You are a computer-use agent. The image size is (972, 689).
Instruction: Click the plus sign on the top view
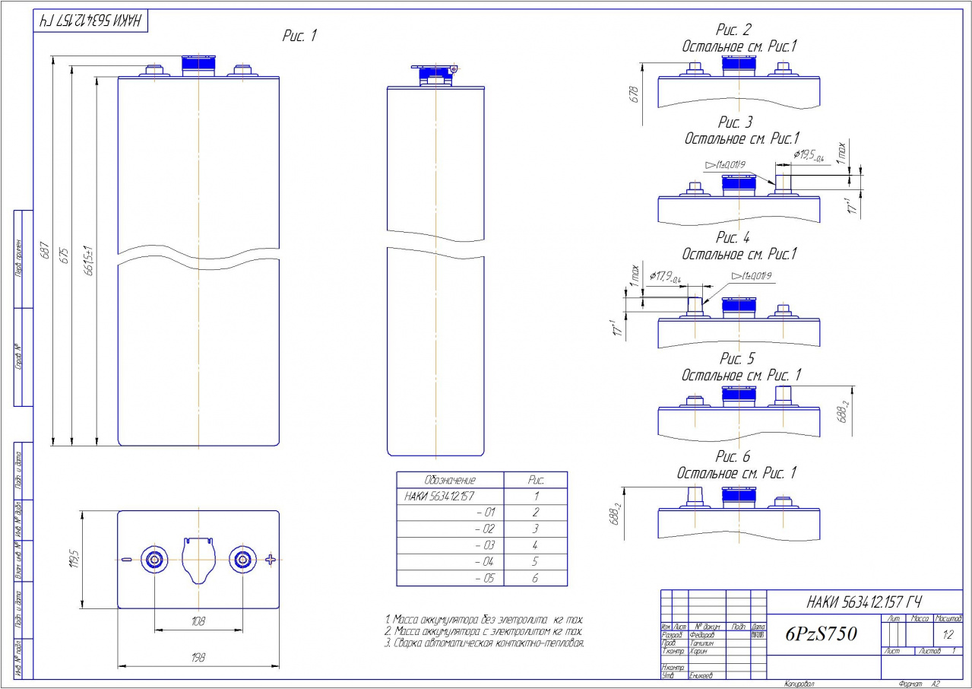click(271, 560)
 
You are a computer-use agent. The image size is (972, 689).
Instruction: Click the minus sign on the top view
click(126, 560)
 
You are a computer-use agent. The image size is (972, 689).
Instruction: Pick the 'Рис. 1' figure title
click(299, 37)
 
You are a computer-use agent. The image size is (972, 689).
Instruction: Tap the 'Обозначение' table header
click(449, 481)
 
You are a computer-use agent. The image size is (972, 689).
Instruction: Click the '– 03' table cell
click(484, 545)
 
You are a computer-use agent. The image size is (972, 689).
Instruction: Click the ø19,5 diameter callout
click(809, 155)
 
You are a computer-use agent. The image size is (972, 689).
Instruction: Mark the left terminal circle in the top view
click(155, 560)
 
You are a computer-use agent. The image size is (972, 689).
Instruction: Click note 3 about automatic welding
click(485, 643)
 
